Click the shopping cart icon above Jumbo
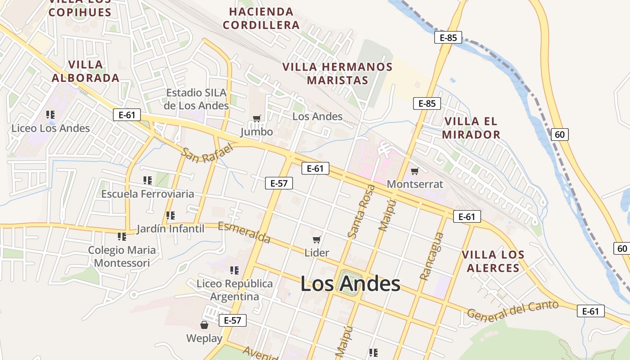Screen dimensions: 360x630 [256, 119]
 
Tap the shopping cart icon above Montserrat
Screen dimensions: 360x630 [414, 171]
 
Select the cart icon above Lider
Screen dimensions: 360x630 [316, 240]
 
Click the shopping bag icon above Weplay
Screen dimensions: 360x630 [204, 325]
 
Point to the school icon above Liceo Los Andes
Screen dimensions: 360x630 [50, 115]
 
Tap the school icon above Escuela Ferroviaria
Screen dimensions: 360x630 [148, 180]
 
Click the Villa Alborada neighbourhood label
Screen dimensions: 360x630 [85, 71]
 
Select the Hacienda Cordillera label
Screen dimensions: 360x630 [261, 18]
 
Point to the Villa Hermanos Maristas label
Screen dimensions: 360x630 [337, 73]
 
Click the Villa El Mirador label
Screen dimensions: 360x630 [471, 128]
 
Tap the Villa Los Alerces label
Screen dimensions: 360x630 [493, 261]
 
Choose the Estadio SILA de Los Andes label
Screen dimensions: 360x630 [197, 99]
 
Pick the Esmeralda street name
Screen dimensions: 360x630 [244, 233]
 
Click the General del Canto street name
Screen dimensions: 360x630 [513, 310]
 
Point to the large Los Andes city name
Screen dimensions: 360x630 [350, 284]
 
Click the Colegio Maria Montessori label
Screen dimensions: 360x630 [122, 256]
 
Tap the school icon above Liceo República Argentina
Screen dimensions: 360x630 [234, 270]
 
